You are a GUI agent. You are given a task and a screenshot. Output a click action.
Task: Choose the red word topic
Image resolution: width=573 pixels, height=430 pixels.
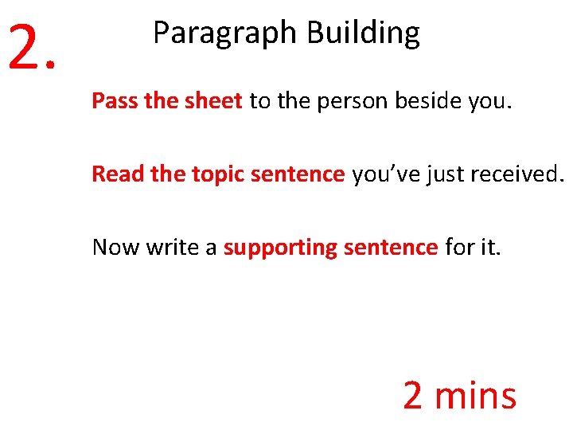pyautogui.click(x=217, y=174)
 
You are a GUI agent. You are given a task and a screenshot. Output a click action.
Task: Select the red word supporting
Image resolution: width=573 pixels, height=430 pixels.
pyautogui.click(x=280, y=248)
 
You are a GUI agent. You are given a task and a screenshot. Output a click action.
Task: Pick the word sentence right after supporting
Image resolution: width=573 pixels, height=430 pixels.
pyautogui.click(x=391, y=247)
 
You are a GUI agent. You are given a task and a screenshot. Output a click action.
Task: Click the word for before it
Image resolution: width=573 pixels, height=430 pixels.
pyautogui.click(x=459, y=247)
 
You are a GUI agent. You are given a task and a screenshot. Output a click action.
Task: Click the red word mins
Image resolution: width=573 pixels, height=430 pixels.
pyautogui.click(x=475, y=395)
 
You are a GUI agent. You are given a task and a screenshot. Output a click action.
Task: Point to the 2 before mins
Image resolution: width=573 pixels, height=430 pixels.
pyautogui.click(x=413, y=395)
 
